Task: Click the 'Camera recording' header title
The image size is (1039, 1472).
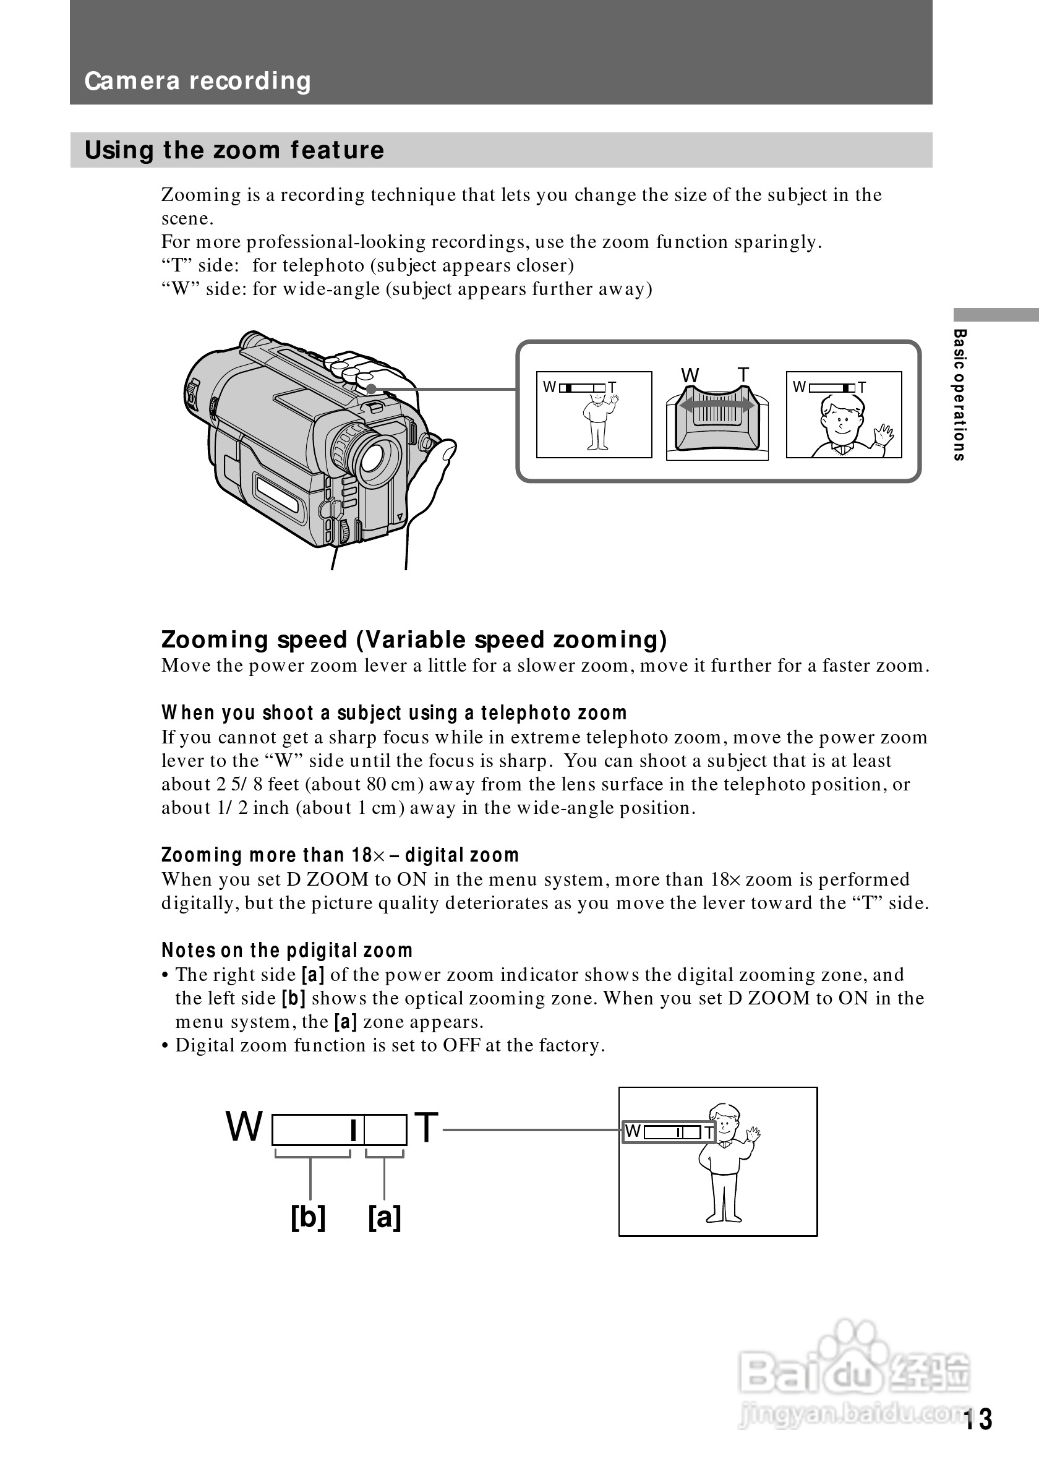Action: [197, 82]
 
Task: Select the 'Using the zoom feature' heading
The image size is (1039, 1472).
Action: [234, 150]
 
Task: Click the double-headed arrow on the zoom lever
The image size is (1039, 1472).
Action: [717, 405]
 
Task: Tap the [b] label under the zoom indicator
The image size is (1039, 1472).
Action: [309, 1216]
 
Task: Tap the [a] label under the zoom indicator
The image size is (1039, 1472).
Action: [385, 1216]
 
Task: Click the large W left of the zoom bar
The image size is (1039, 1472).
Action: [244, 1127]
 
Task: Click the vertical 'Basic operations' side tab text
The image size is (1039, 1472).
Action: [959, 395]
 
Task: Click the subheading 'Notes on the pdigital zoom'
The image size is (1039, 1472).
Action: [286, 950]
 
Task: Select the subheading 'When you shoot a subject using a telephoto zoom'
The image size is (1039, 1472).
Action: [393, 713]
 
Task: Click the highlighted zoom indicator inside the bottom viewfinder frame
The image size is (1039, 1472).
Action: [669, 1132]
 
